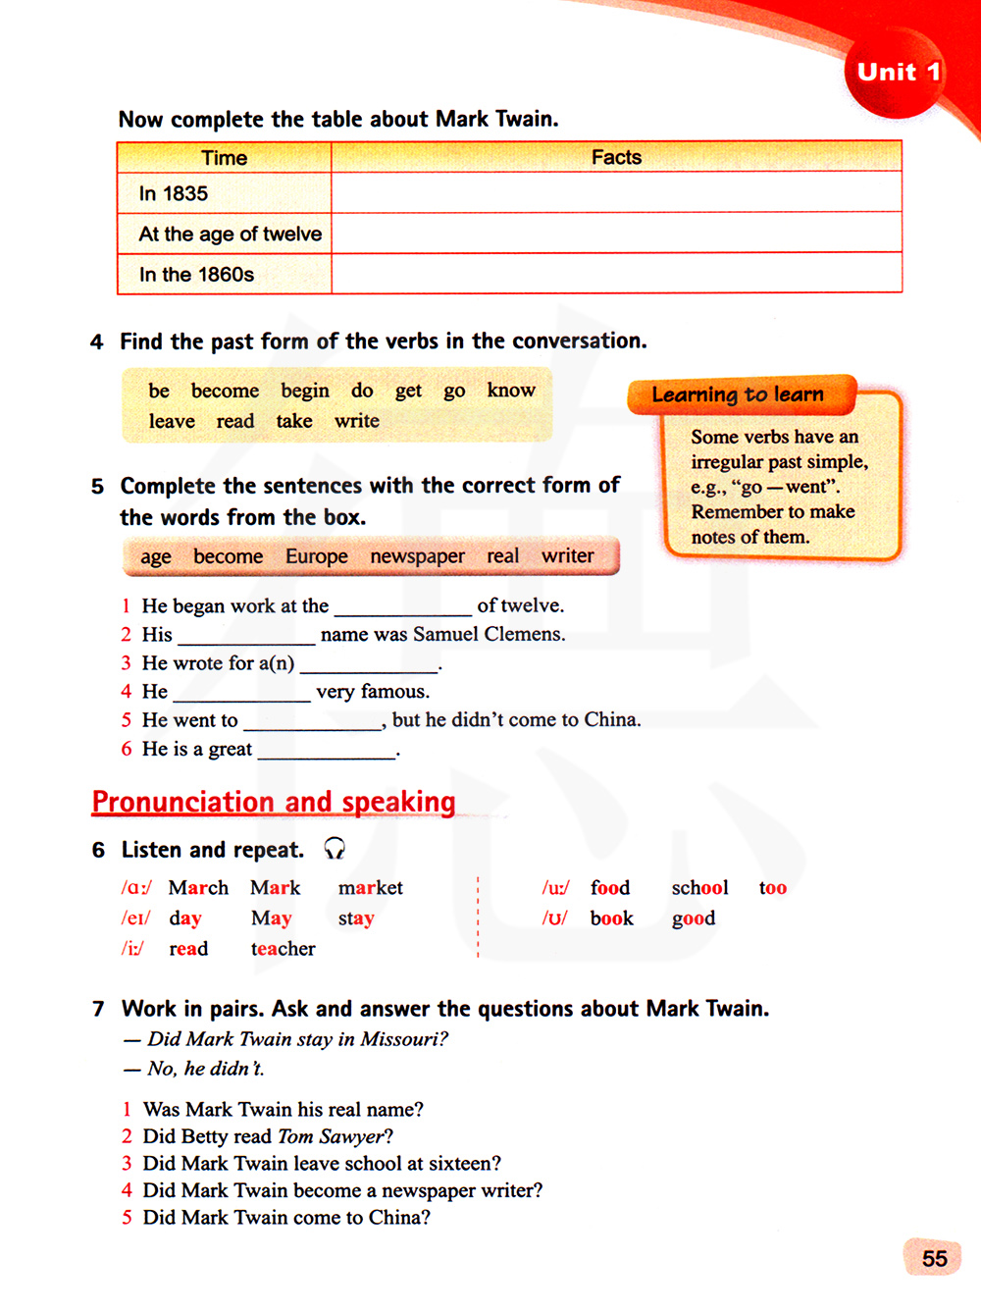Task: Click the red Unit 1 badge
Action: click(x=897, y=73)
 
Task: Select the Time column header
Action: click(x=224, y=158)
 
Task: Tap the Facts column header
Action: click(x=616, y=157)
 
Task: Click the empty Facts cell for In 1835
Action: click(x=616, y=193)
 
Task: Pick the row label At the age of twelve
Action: click(x=230, y=234)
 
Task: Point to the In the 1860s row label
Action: click(x=196, y=275)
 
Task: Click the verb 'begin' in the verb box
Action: click(x=305, y=391)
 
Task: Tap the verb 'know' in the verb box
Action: click(x=511, y=391)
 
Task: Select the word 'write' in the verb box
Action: click(x=357, y=421)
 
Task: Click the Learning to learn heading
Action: click(x=738, y=394)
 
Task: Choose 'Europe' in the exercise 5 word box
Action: click(x=316, y=556)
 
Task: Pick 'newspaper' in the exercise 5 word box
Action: click(x=417, y=556)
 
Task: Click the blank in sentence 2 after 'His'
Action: click(x=246, y=636)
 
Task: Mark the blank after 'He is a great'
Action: click(x=326, y=751)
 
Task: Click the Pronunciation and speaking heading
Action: click(x=274, y=802)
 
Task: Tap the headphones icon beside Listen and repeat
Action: click(x=335, y=849)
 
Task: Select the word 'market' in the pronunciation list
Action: click(x=371, y=888)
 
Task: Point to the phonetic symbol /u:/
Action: click(x=555, y=888)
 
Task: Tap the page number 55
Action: click(x=934, y=1259)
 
